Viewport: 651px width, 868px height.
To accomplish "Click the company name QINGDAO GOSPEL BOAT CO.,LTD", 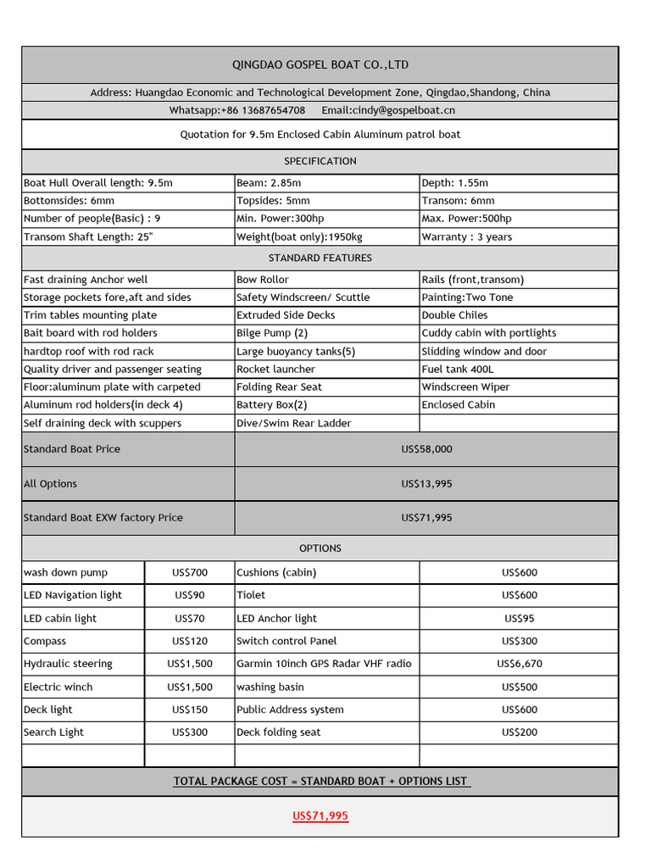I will point(320,65).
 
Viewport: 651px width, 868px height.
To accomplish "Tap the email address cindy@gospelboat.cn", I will point(387,110).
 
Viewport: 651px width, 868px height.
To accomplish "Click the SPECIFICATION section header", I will point(320,161).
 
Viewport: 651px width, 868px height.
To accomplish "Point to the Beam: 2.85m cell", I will point(269,183).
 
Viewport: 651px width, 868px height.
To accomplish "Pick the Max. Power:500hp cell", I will point(466,219).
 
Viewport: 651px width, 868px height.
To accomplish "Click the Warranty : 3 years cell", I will point(466,237).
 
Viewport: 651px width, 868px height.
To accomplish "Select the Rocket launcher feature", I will point(275,370).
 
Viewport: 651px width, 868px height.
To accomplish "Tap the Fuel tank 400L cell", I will point(457,370).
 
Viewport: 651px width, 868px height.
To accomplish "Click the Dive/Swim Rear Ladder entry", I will point(293,423).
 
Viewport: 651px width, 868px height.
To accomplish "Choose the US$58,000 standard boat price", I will point(426,449).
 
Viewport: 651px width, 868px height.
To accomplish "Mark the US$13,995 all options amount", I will point(426,484).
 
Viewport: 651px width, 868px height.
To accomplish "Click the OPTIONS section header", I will point(320,548).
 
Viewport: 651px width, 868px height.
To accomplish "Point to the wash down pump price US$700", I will point(190,572).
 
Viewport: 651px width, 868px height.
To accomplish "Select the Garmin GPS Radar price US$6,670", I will point(519,664).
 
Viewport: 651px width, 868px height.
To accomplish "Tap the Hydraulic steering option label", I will point(68,664).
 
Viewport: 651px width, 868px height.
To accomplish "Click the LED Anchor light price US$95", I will point(519,619).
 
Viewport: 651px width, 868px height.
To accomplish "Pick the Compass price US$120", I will point(190,642).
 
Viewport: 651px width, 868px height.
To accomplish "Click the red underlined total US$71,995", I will point(320,816).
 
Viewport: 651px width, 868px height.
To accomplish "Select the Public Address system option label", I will point(290,709).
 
